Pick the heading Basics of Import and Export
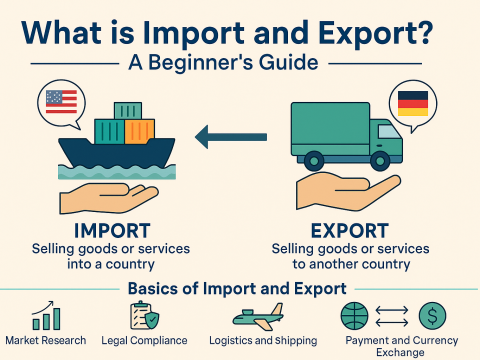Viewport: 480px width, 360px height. [238, 290]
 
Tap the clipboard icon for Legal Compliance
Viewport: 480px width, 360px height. [141, 317]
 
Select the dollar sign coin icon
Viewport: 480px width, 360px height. [432, 317]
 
